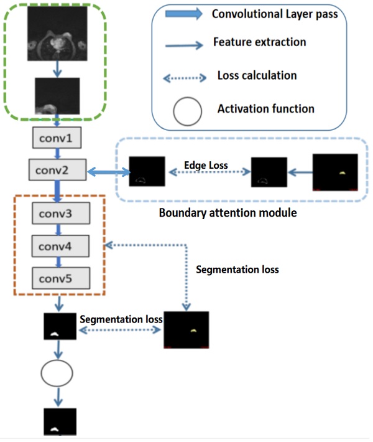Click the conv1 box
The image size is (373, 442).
57,138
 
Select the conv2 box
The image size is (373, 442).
57,169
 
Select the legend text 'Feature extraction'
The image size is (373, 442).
259,42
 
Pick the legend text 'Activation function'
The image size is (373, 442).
266,109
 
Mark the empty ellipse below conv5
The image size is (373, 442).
58,373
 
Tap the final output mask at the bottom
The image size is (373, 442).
60,421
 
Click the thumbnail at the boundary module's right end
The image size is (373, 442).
335,171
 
